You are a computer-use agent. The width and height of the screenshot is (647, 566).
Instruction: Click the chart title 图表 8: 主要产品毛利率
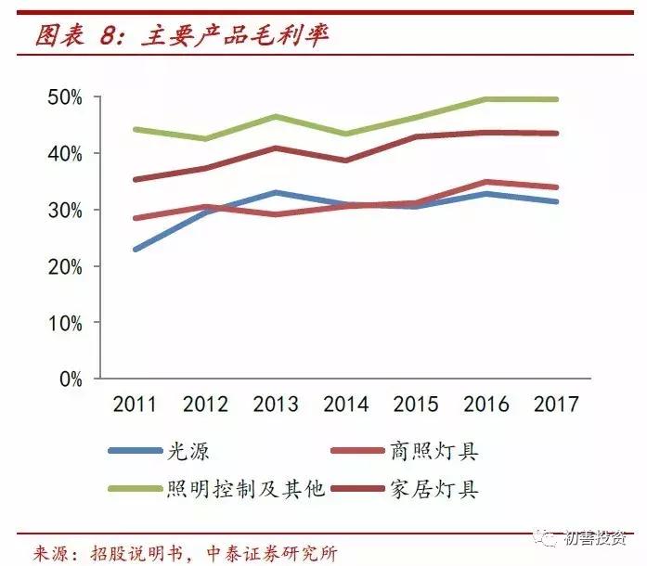point(182,36)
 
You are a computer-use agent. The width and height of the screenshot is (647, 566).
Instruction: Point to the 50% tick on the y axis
point(64,96)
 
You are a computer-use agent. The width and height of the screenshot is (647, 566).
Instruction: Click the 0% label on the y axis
point(70,379)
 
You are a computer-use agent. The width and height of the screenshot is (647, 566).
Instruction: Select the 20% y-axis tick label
point(64,267)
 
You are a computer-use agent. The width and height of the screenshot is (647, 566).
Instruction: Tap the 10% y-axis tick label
point(64,323)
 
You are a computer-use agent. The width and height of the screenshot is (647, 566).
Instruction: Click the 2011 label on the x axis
point(135,405)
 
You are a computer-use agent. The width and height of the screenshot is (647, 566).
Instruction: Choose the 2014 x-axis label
point(345,405)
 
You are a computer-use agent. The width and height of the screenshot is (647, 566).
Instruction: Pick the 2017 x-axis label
point(556,405)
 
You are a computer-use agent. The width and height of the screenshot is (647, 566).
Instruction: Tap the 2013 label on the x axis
point(276,405)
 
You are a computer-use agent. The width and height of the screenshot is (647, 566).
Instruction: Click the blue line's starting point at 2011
point(136,250)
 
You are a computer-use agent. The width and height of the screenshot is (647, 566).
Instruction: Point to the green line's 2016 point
point(486,99)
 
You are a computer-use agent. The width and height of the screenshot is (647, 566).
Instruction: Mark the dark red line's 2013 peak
point(276,148)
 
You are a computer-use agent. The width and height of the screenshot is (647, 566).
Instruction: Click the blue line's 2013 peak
point(276,193)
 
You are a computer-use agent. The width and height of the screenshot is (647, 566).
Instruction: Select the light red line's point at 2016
point(486,182)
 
